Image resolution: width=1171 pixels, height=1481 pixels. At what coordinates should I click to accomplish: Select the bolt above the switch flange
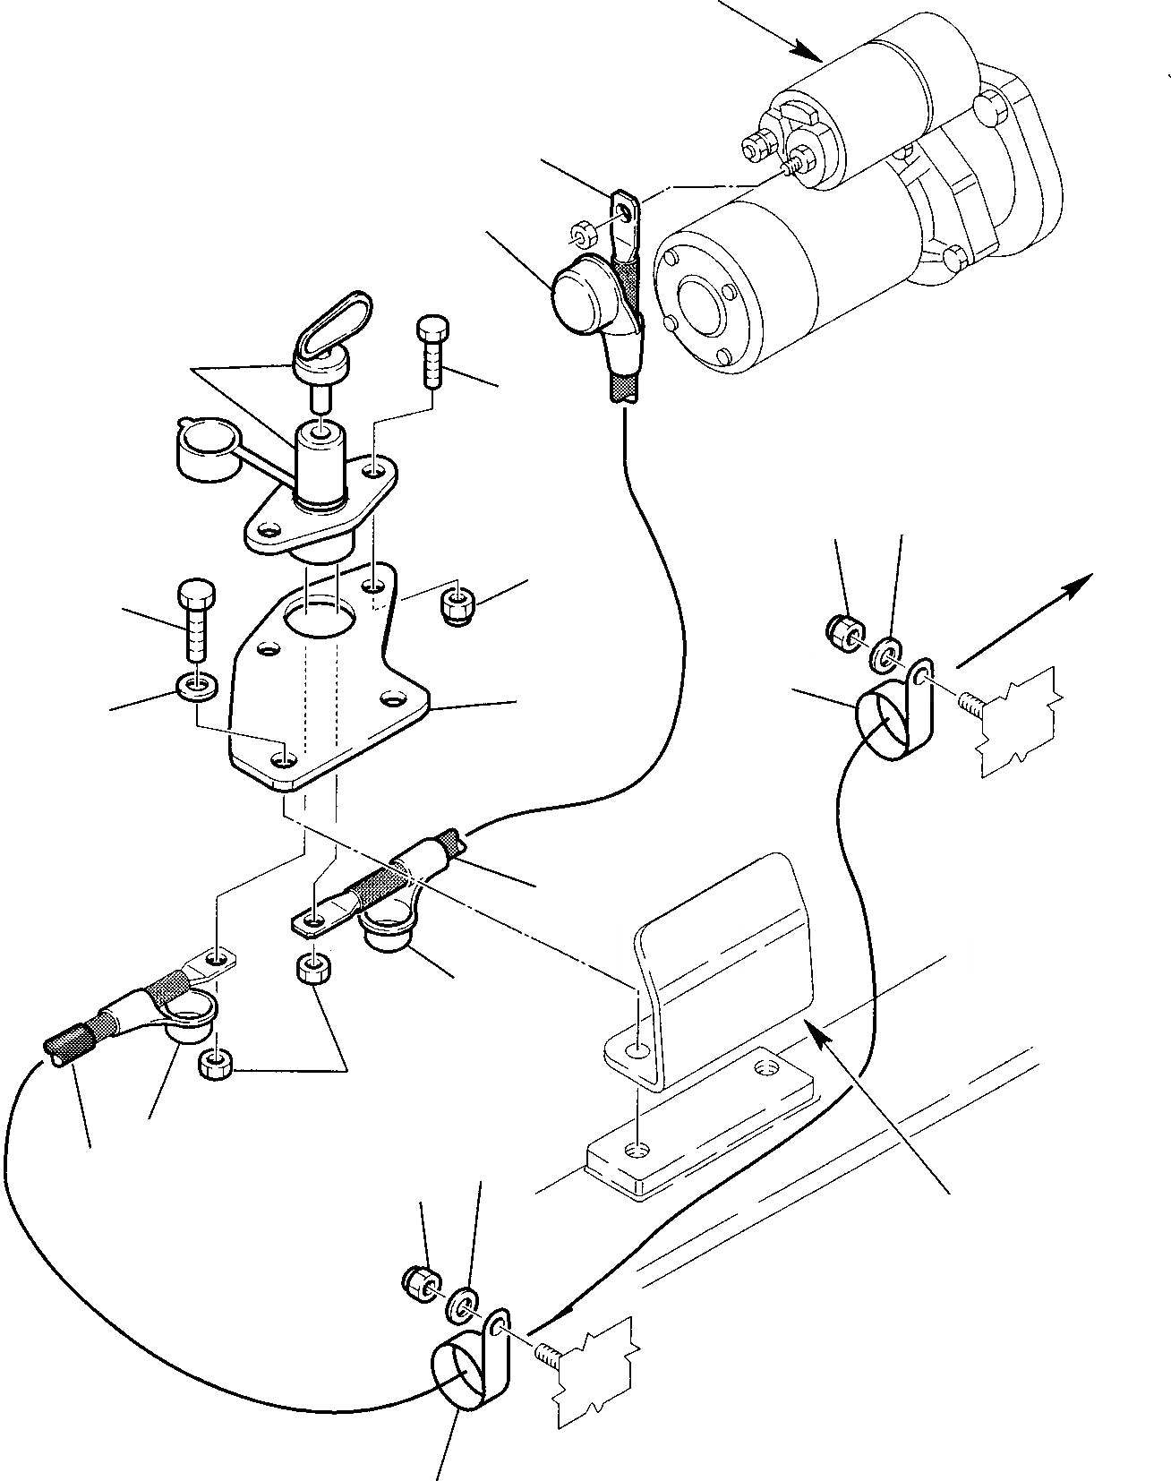(x=432, y=350)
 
